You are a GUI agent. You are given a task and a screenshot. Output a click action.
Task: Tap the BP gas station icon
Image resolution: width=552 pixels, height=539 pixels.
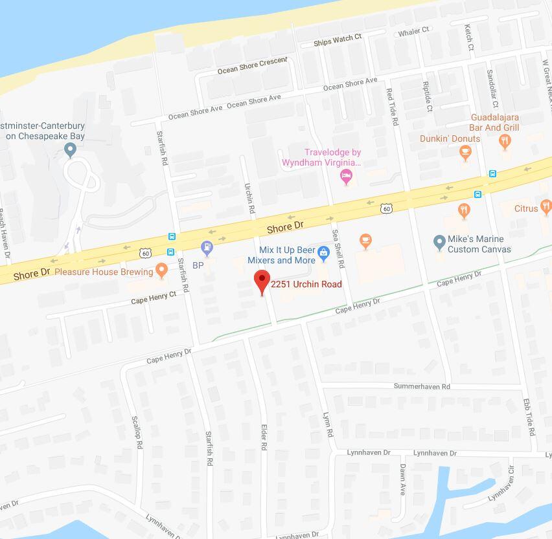click(x=207, y=246)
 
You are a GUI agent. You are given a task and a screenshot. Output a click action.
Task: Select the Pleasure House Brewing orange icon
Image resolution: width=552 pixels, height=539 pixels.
click(x=162, y=272)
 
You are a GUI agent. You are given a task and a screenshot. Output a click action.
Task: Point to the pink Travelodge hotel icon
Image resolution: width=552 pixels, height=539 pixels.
click(x=347, y=176)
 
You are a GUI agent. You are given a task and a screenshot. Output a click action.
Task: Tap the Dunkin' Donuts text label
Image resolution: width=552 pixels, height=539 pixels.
click(x=450, y=138)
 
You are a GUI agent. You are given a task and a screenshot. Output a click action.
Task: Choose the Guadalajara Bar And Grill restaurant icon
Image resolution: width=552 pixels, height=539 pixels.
click(x=505, y=144)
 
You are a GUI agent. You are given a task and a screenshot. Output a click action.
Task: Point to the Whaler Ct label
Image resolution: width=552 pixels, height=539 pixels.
click(x=413, y=32)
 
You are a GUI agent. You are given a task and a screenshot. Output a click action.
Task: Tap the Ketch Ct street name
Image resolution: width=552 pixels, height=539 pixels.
click(x=468, y=38)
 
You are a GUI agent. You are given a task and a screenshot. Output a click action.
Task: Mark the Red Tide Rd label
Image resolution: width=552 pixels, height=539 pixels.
click(x=391, y=106)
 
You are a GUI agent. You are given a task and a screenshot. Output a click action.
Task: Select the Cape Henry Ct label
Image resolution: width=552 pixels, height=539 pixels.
click(x=154, y=298)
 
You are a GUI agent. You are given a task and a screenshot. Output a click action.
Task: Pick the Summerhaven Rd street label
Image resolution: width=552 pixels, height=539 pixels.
click(x=422, y=386)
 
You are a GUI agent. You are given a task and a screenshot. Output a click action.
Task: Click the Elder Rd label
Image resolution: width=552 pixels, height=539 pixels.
click(x=264, y=437)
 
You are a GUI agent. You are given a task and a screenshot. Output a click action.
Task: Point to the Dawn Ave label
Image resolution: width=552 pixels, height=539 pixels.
click(x=403, y=479)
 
